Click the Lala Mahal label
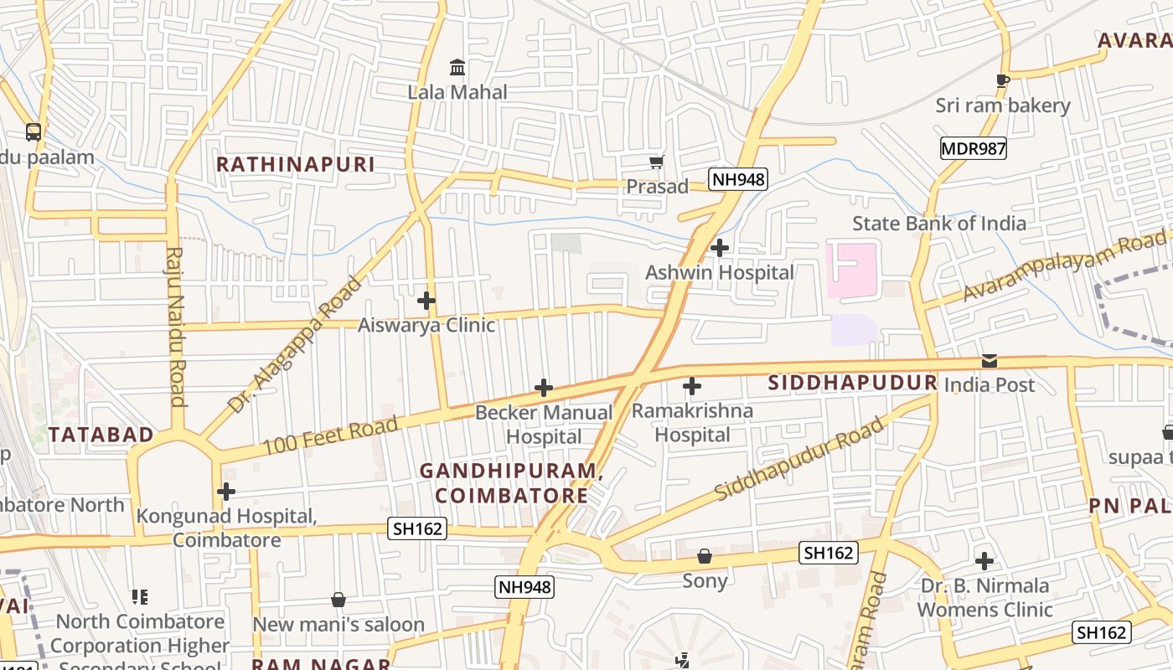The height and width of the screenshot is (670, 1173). pos(457,92)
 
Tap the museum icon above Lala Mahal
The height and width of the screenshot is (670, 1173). pos(457,67)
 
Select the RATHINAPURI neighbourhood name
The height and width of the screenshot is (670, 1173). pos(296,164)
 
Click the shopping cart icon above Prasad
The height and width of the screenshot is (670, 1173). pos(657,162)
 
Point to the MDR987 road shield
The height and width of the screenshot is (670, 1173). pos(973,149)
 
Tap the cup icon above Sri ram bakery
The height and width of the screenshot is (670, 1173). pos(1002,80)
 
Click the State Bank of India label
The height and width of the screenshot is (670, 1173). pos(938,224)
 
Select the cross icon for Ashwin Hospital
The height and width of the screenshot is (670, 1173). pos(719,248)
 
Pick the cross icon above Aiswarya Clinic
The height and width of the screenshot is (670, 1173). pos(426,300)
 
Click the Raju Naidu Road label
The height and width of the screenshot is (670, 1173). pos(176,327)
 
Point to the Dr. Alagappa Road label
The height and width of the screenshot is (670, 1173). pos(296,345)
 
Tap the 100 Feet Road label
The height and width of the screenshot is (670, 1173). pos(330,436)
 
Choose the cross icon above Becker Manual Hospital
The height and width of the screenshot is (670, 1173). pos(544,388)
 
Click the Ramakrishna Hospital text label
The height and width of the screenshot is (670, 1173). pos(692,423)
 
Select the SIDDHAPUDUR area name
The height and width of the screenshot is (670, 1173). pos(852,383)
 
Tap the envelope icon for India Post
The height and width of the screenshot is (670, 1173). pos(990,361)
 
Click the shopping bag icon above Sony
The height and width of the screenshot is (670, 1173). pos(705,557)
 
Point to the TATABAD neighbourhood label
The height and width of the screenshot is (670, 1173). pos(101,435)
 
